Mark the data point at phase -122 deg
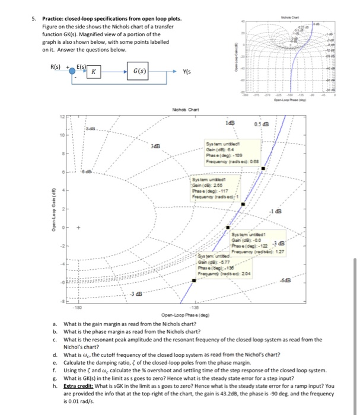228,228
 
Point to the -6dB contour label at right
305,280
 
